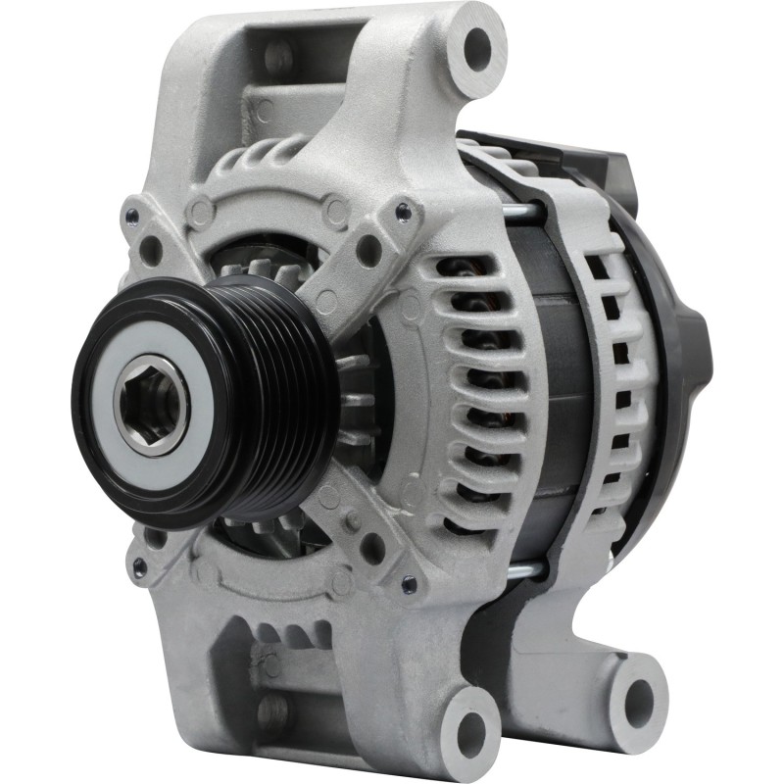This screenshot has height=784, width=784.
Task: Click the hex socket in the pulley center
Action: click(x=150, y=403)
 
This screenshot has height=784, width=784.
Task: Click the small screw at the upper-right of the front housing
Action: click(x=402, y=208)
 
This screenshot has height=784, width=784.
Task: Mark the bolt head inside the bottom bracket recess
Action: click(x=273, y=710)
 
